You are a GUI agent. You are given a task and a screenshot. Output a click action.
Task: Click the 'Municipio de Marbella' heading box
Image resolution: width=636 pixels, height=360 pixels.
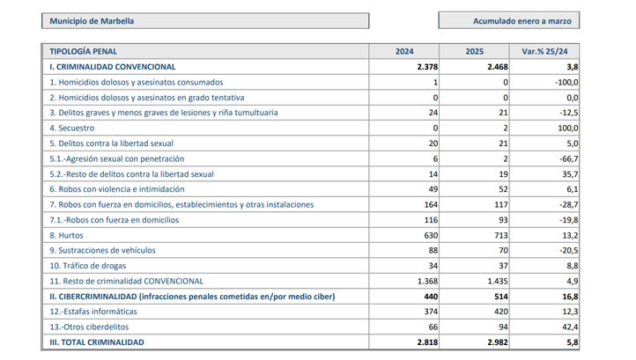(x=205, y=20)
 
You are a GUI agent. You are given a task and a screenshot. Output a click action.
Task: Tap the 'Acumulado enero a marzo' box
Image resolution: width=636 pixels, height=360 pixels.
(x=508, y=20)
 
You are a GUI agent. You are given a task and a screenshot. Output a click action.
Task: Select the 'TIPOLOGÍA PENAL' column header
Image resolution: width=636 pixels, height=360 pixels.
(x=83, y=51)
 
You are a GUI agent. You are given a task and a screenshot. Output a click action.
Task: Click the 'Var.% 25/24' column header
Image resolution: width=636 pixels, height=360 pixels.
(x=544, y=51)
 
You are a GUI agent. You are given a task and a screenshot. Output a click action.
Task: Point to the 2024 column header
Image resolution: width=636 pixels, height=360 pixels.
(x=404, y=51)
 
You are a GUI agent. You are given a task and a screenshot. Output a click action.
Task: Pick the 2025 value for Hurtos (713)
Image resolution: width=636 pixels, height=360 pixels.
(x=501, y=236)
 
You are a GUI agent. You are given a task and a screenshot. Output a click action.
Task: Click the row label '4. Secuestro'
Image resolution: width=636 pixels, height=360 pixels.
(x=72, y=129)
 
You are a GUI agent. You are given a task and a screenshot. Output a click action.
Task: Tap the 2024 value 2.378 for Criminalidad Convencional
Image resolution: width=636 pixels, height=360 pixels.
(x=427, y=67)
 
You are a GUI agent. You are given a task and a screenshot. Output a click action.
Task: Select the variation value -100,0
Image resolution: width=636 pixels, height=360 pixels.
(x=566, y=82)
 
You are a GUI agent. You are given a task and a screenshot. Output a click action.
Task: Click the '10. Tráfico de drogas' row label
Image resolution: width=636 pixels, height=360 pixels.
(x=87, y=266)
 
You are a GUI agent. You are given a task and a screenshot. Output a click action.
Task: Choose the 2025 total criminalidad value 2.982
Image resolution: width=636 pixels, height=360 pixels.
(x=498, y=342)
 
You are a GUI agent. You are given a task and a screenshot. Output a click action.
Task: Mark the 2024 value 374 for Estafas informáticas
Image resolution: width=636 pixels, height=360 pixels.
(x=431, y=312)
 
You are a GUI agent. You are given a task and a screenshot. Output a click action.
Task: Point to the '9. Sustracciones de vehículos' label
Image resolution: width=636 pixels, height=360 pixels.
(x=102, y=251)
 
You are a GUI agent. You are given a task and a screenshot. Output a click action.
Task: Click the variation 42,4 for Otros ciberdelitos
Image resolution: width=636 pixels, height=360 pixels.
(x=570, y=327)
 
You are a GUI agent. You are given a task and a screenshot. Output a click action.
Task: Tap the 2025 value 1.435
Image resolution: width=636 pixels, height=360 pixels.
(x=498, y=282)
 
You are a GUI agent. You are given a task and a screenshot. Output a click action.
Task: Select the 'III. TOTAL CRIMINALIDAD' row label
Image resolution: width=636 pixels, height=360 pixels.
(x=97, y=342)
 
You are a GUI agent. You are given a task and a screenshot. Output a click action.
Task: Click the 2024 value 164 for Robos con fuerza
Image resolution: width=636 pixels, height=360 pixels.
(x=431, y=205)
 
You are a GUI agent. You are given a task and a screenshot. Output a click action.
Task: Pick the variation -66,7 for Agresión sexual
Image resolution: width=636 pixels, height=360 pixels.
(x=569, y=159)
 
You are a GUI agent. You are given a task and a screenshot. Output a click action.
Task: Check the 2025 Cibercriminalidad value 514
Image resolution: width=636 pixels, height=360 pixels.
(x=501, y=297)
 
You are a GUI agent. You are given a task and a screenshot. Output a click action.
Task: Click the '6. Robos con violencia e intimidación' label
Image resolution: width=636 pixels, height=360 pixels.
(x=117, y=189)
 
